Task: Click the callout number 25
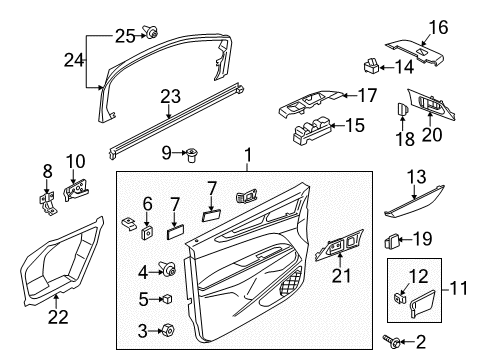[125, 36]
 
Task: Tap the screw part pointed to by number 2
[392, 341]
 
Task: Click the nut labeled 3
[167, 330]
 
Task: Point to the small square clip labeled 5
[167, 299]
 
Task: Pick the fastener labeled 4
[168, 268]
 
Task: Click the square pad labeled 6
[146, 232]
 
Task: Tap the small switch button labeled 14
[371, 65]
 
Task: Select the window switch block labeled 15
[313, 130]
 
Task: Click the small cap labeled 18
[403, 108]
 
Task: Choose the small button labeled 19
[392, 241]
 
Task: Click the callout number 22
[58, 316]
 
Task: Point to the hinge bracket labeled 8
[48, 203]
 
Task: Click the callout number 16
[438, 27]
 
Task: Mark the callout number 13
[417, 177]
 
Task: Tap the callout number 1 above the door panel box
[248, 155]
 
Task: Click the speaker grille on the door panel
[290, 282]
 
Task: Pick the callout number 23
[170, 96]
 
